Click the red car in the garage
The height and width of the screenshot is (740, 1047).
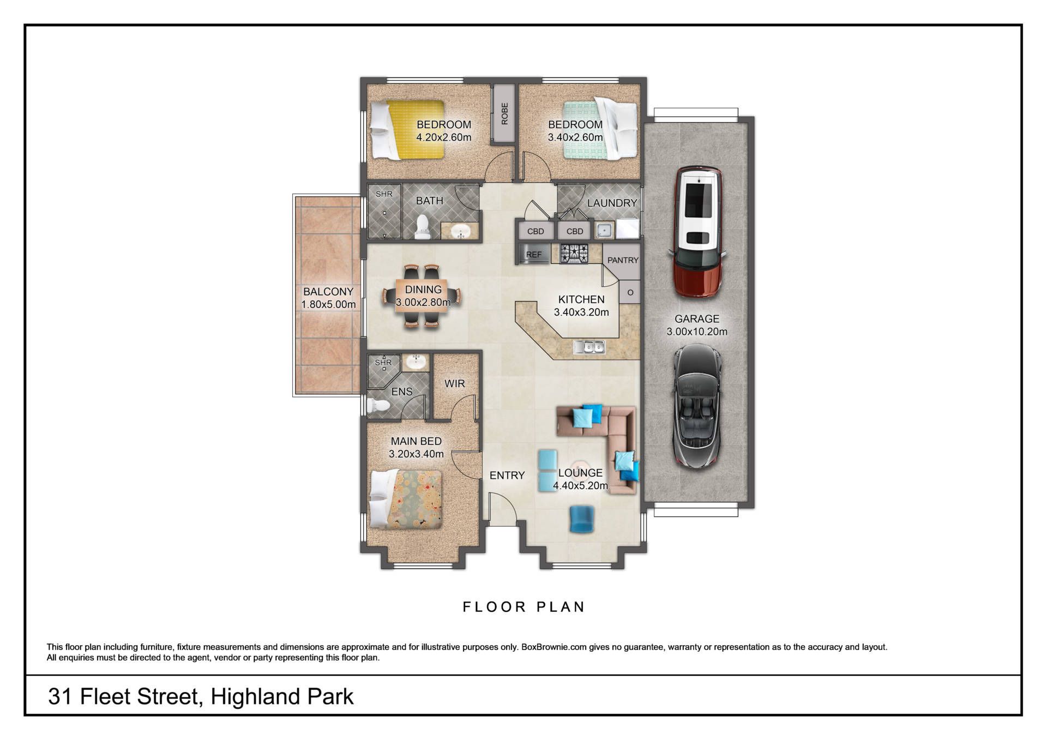click(x=697, y=232)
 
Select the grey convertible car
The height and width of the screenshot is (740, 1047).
click(x=697, y=406)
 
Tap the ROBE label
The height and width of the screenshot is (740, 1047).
click(x=504, y=113)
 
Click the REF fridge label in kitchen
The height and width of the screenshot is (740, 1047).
click(x=534, y=255)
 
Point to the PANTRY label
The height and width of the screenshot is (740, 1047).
click(x=623, y=261)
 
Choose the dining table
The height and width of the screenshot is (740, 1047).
click(x=423, y=296)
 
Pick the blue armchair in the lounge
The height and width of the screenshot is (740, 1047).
click(x=582, y=519)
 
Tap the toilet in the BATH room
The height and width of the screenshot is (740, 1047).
click(x=422, y=228)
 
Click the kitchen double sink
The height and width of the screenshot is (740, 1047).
click(x=589, y=346)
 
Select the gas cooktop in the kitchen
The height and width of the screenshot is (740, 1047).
click(x=574, y=253)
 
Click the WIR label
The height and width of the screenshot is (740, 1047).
click(x=455, y=384)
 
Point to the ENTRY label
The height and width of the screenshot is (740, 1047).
click(x=507, y=476)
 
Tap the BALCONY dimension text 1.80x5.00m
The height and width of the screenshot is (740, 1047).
click(x=328, y=304)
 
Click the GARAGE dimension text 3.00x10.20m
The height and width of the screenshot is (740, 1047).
click(x=697, y=332)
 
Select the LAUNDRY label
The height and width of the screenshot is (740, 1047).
click(x=612, y=203)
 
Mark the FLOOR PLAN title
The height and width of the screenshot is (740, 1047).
click(x=523, y=607)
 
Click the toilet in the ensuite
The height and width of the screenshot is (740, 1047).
click(x=378, y=405)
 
